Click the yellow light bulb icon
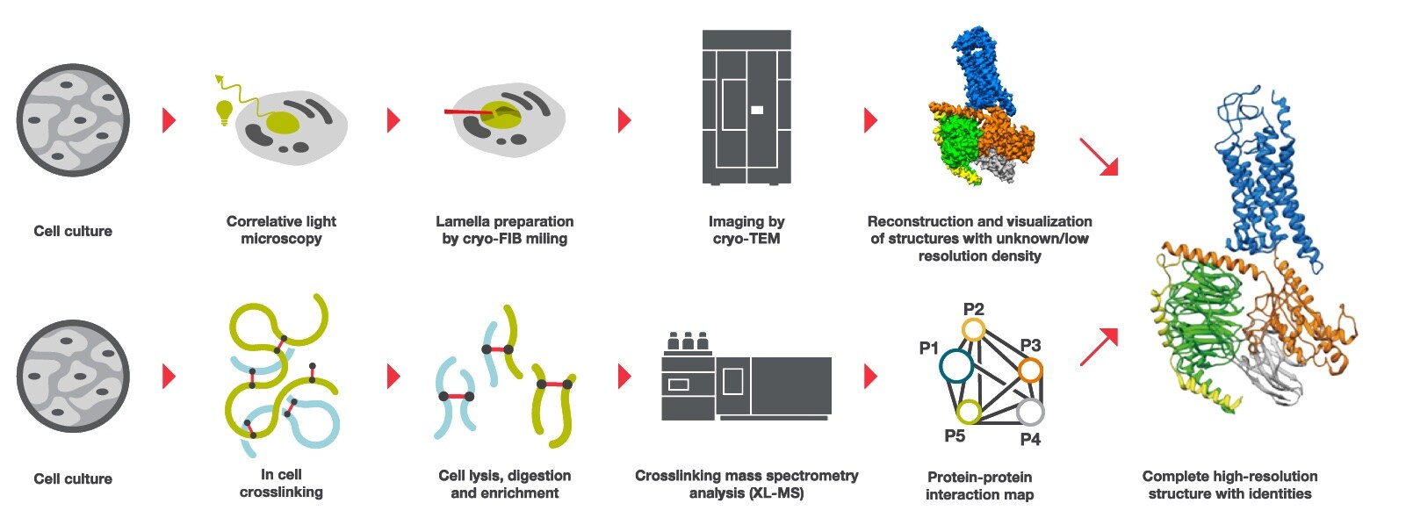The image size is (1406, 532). tap(225, 112)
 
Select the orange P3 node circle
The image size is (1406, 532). tap(1030, 370)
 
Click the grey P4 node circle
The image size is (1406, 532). tap(1030, 411)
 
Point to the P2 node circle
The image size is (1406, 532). tap(973, 329)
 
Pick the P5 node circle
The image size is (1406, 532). tap(968, 411)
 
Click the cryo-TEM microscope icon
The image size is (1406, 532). tap(746, 107)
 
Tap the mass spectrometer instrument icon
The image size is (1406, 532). tap(746, 378)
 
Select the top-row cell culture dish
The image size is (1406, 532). tap(73, 119)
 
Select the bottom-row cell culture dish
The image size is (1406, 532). tap(73, 376)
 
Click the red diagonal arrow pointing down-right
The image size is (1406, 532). tap(1098, 156)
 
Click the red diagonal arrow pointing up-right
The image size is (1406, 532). tap(1098, 347)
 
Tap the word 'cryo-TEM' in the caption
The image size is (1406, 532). tap(746, 239)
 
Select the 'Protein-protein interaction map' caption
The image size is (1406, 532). tap(979, 485)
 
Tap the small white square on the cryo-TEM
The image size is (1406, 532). tap(757, 110)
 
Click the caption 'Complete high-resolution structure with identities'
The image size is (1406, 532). tap(1229, 485)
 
